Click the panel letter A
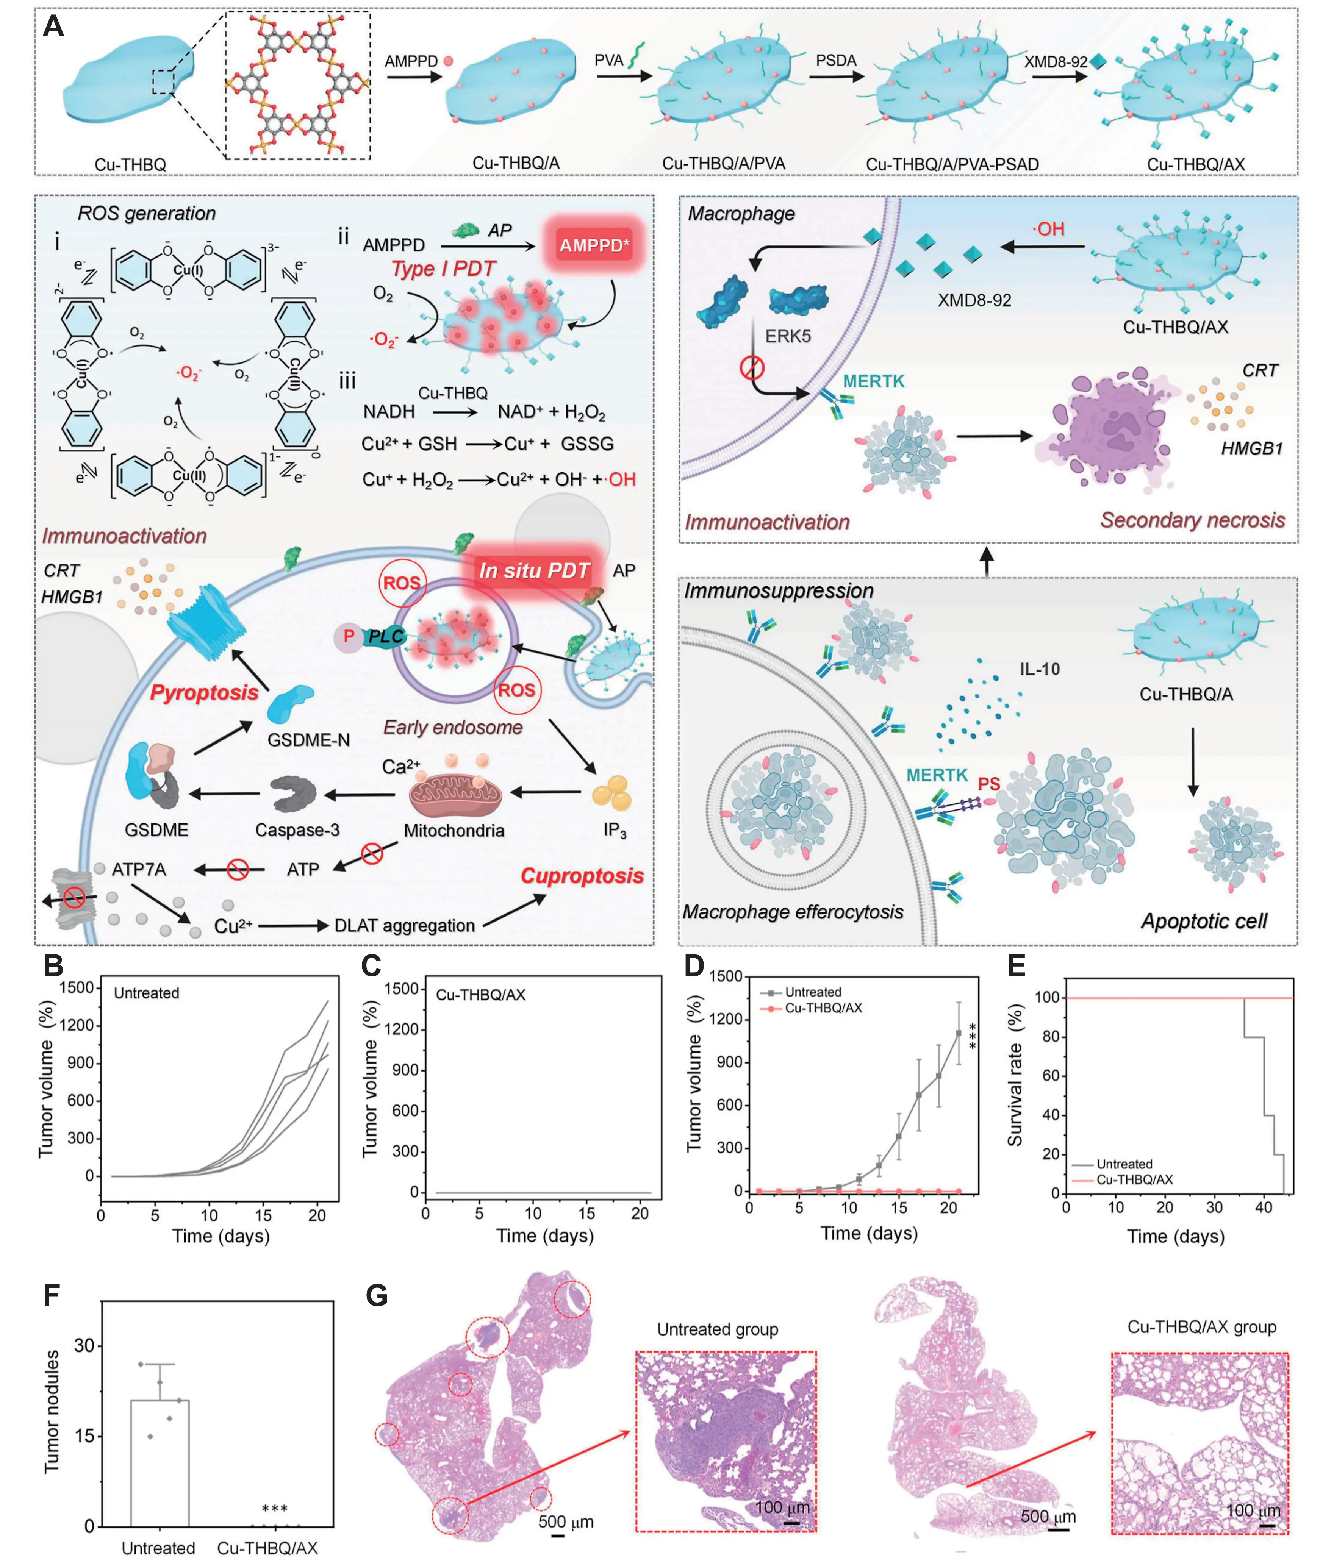53,27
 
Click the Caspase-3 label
297,830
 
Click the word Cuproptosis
582,876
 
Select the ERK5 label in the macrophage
788,336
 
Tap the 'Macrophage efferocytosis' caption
793,911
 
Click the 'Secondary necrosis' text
1192,520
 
